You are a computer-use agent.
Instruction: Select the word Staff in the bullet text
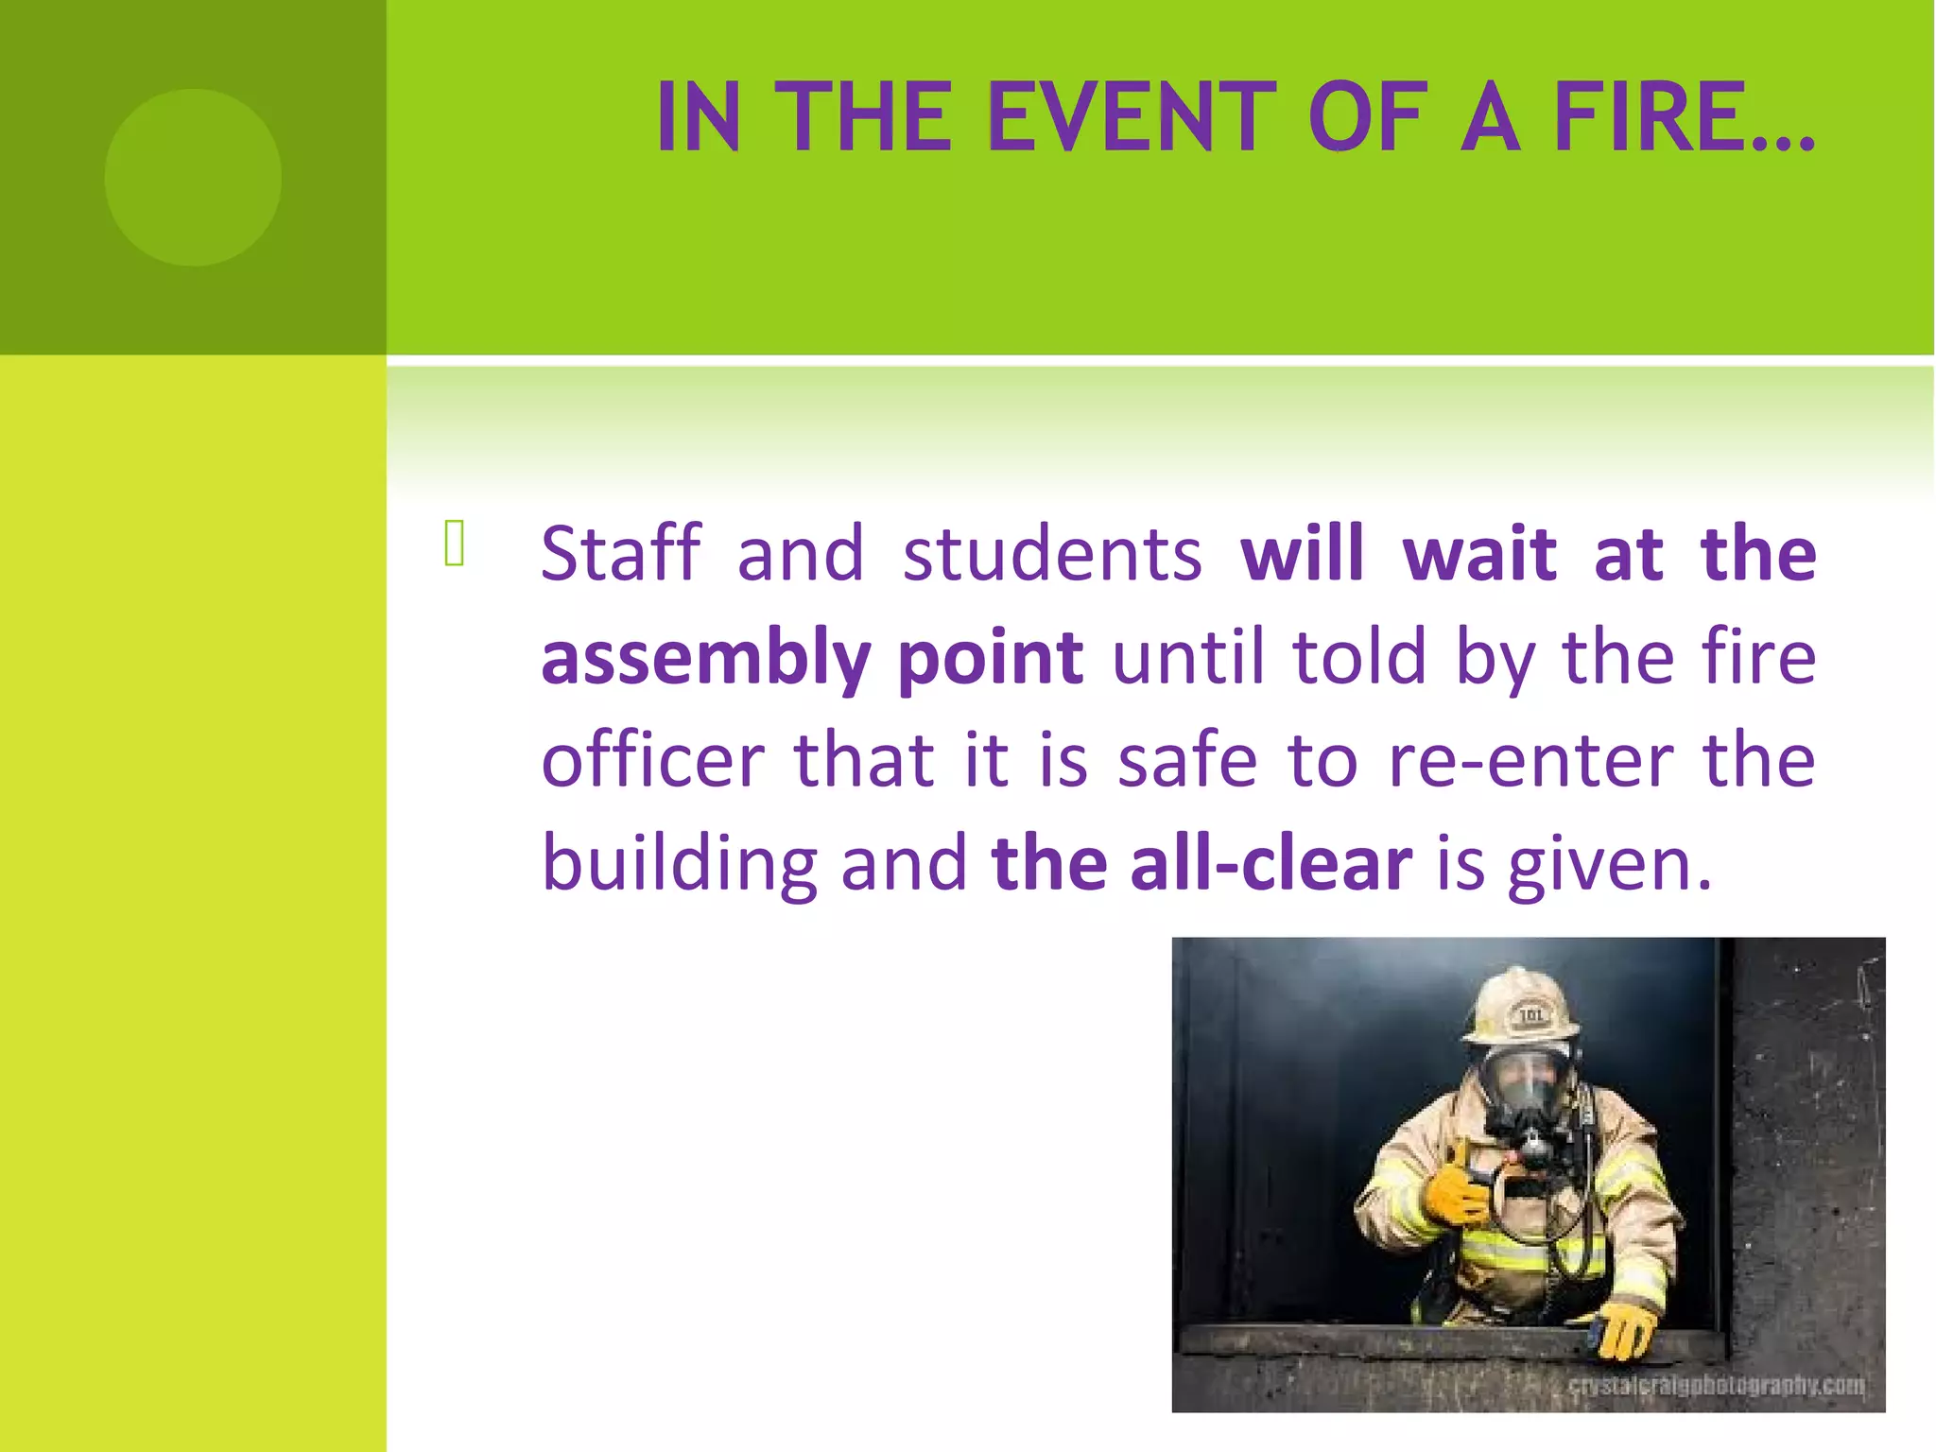621,554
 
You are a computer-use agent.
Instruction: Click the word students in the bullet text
1052,554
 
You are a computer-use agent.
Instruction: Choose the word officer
652,761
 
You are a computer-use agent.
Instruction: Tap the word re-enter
1530,761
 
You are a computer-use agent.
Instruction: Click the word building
679,865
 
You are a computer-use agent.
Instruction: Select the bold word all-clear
1270,865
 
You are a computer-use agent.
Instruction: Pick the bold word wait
1479,554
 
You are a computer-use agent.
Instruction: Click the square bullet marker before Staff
454,544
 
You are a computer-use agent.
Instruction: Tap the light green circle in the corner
193,177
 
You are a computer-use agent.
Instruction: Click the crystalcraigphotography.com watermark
1716,1387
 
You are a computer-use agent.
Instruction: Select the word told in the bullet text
1359,658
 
